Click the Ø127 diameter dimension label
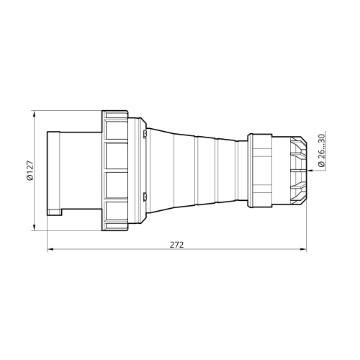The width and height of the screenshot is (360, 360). coord(30,171)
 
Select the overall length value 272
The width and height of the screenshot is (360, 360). coord(176,245)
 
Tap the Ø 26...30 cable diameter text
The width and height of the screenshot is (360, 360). coord(321,150)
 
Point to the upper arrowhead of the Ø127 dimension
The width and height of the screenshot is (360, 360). coord(34,114)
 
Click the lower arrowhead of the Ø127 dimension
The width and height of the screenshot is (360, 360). coord(34,228)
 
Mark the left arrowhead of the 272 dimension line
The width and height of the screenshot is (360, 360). coord(50,249)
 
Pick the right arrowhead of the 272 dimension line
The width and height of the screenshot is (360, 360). coord(303,249)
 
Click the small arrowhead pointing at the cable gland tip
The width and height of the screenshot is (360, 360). coord(310,171)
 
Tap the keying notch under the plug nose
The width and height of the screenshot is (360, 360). coord(55,212)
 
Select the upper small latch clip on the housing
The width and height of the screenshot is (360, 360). coord(145,134)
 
